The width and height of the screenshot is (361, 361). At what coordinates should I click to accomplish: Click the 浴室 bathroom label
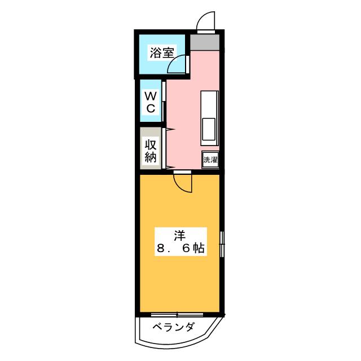161,53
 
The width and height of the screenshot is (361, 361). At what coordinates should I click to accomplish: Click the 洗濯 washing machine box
210,159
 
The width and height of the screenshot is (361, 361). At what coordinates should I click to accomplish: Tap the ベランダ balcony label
175,328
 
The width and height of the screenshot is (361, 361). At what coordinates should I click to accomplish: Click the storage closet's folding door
168,149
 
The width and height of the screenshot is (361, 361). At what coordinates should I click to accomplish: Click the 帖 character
198,248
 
